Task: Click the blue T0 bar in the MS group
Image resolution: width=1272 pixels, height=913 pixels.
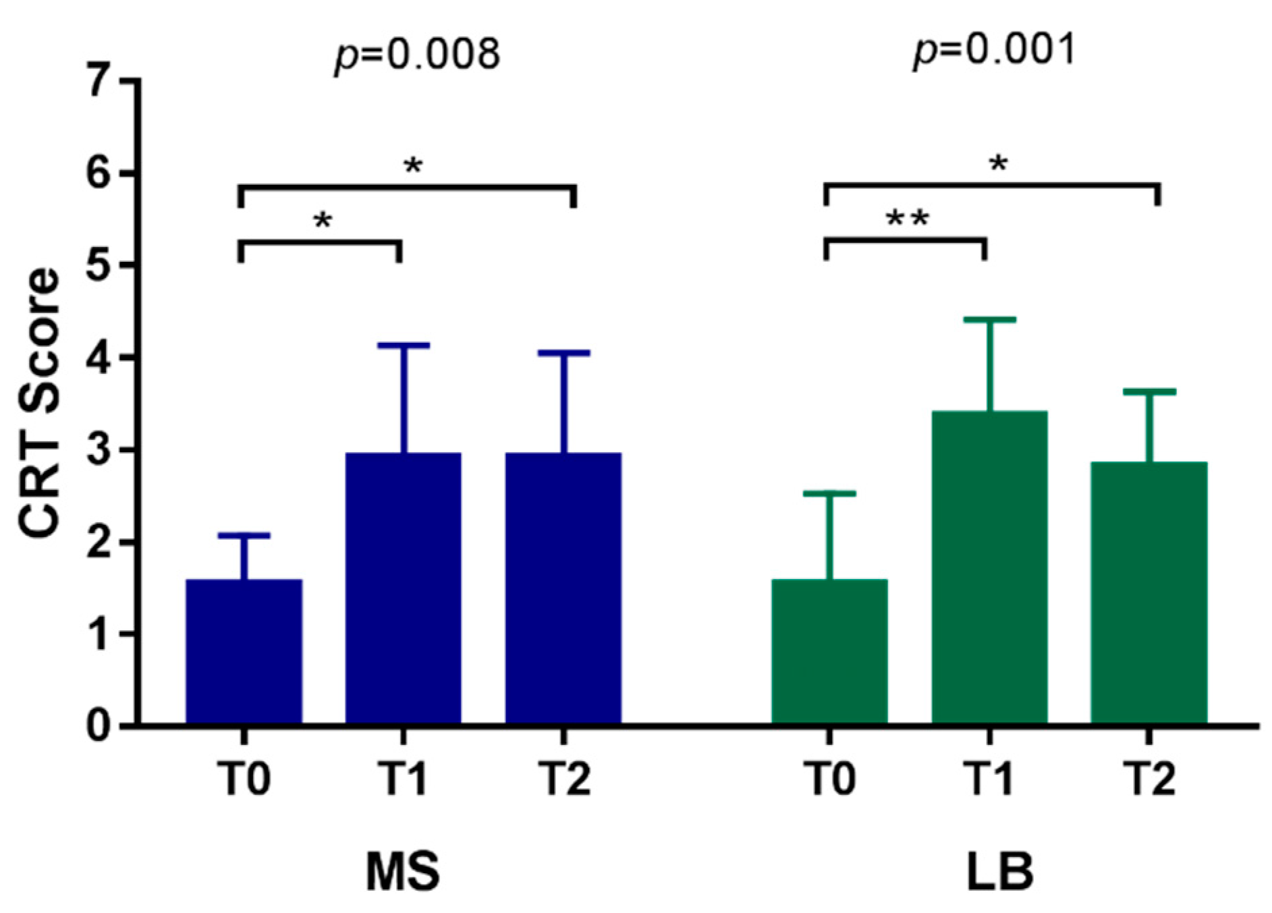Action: (244, 651)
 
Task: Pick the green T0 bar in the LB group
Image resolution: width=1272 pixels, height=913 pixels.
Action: (829, 651)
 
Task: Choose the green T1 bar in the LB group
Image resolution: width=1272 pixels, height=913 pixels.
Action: (989, 567)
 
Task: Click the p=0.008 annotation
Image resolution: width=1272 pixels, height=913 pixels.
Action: (418, 54)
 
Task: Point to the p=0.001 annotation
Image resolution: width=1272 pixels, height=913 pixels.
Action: (994, 51)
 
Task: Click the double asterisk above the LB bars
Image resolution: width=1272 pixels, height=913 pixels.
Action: (907, 219)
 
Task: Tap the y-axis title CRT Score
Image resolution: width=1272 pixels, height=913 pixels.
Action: (39, 404)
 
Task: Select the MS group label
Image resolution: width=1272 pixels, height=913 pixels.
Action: (403, 871)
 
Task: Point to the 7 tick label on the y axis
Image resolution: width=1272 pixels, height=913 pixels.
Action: (108, 81)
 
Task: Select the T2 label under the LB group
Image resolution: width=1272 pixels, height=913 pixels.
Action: (1150, 779)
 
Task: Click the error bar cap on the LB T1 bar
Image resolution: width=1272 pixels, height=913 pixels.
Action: (989, 319)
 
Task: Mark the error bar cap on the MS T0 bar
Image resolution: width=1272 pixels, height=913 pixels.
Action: (244, 536)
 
